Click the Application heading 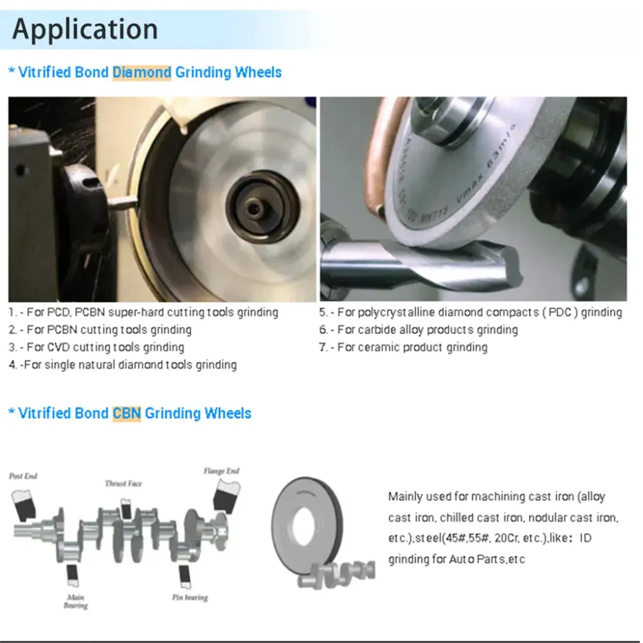tap(85, 30)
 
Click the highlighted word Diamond tap(141, 72)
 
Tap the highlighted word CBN tap(127, 413)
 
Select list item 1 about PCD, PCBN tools tap(143, 312)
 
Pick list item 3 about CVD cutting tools tap(96, 347)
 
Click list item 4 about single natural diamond tap(123, 365)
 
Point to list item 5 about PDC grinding tap(471, 312)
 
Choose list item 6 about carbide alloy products tap(419, 330)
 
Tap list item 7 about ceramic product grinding tap(403, 347)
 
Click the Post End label tap(23, 476)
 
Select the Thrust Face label tap(123, 483)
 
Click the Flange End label tap(221, 471)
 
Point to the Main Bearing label tap(75, 601)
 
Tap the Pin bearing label tap(190, 597)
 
